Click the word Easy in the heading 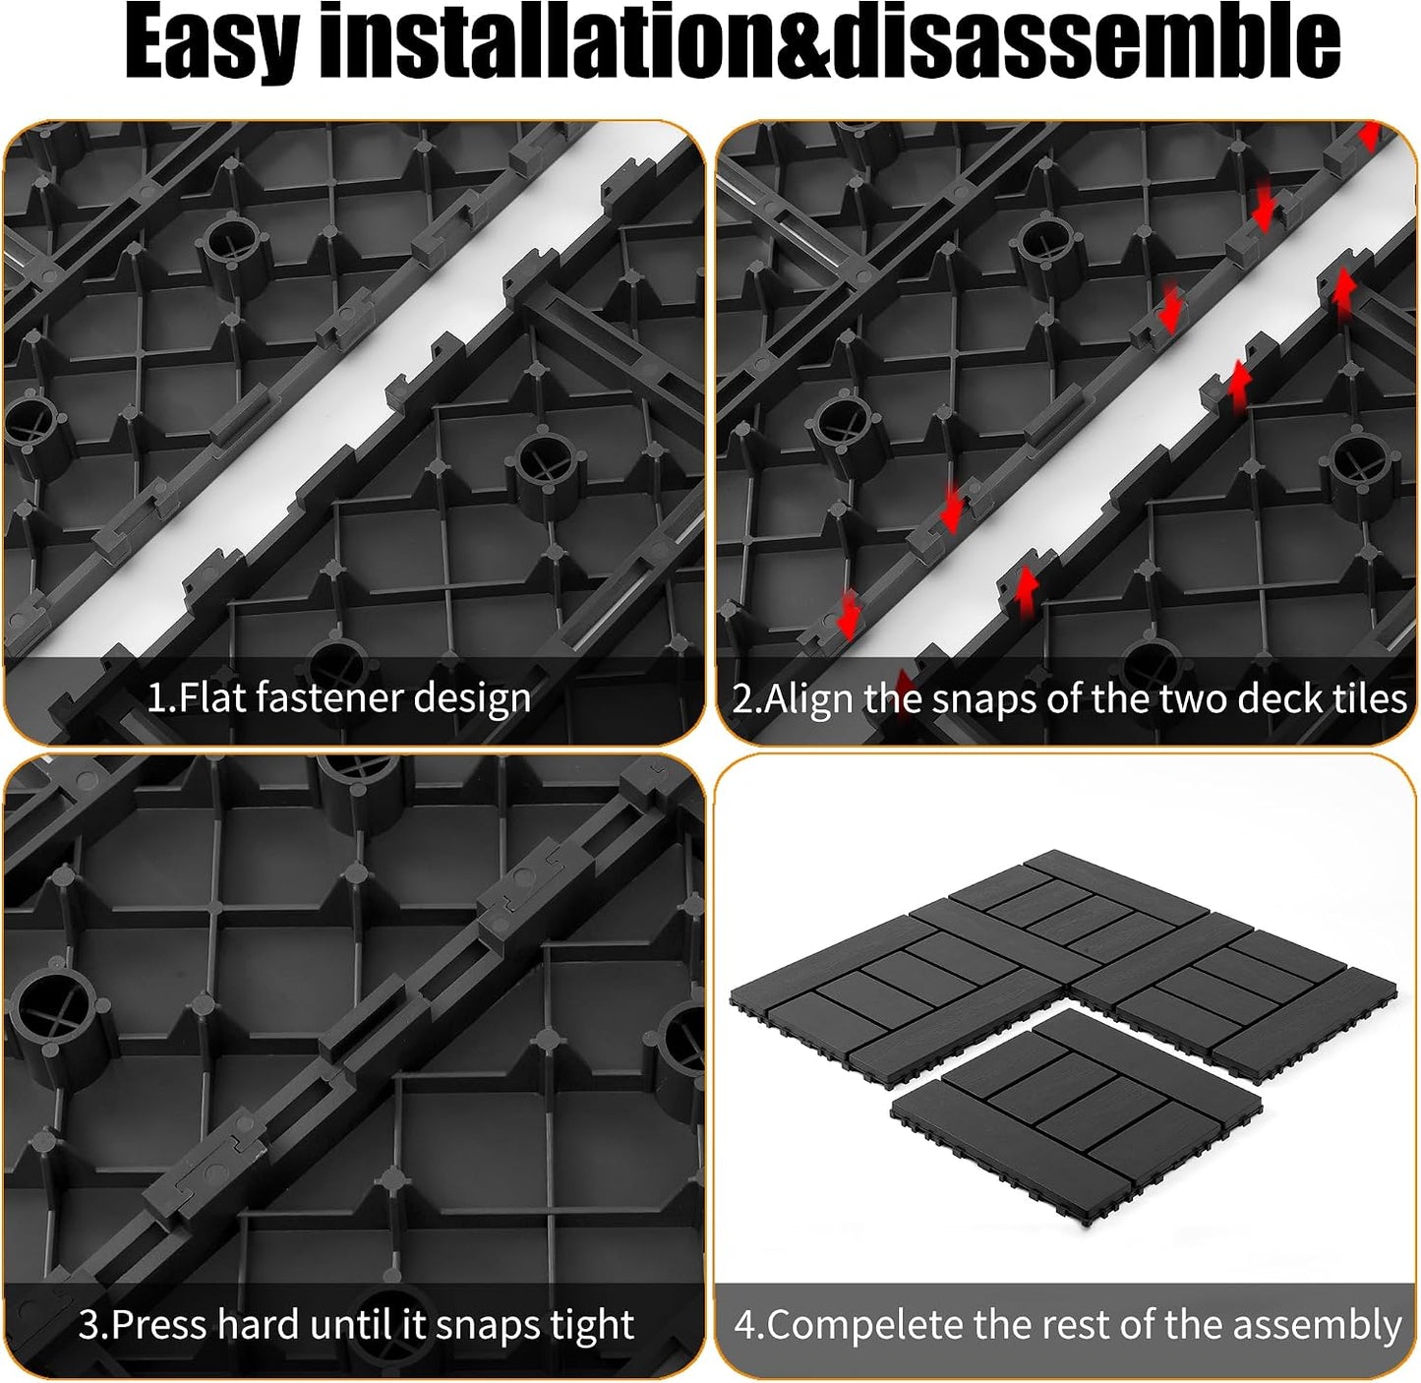click(x=211, y=41)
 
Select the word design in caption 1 click(x=472, y=699)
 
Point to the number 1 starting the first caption click(x=154, y=697)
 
